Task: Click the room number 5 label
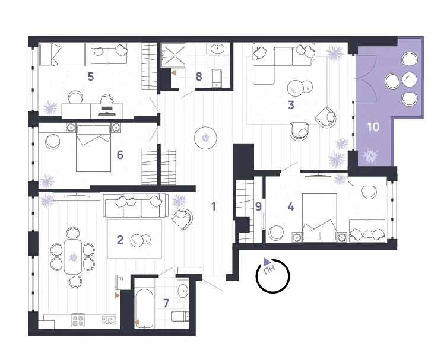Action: click(x=91, y=77)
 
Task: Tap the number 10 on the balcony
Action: click(x=373, y=127)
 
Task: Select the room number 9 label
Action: click(x=258, y=207)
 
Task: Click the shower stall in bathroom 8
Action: click(x=173, y=56)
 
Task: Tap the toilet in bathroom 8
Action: click(x=217, y=78)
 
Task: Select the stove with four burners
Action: click(x=78, y=321)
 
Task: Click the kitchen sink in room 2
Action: click(x=109, y=320)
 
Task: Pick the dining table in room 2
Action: click(x=73, y=257)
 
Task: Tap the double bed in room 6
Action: click(x=93, y=148)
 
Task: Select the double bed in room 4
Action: click(x=320, y=218)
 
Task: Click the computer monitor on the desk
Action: click(x=107, y=111)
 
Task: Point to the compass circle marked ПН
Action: click(x=272, y=276)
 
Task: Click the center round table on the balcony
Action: click(x=410, y=79)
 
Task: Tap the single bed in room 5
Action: click(x=62, y=55)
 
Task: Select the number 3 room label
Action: click(x=291, y=106)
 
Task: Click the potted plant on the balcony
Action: click(x=371, y=157)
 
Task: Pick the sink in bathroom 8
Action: click(x=218, y=49)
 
